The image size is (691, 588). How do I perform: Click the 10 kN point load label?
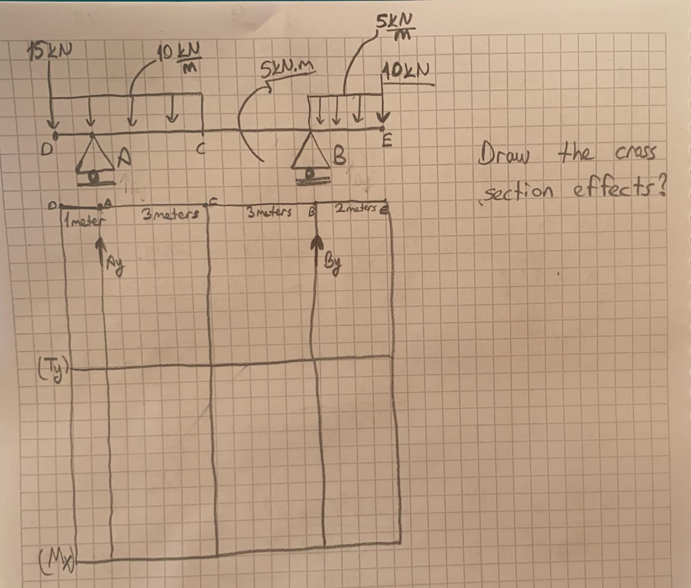pos(406,71)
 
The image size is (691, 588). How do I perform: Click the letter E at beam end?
pos(387,142)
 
